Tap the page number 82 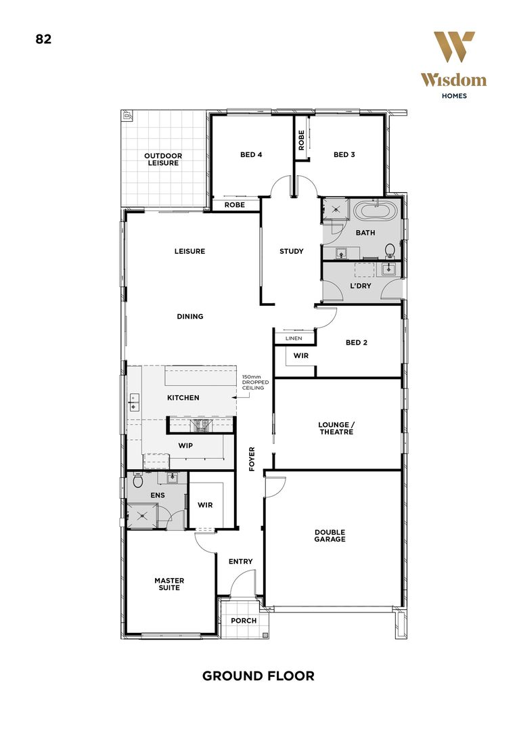(x=43, y=39)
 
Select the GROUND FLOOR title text (x=258, y=675)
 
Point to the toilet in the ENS (x=138, y=481)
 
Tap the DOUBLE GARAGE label (x=330, y=535)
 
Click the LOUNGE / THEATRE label (x=336, y=428)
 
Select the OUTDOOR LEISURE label (x=163, y=160)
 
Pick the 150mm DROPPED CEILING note (x=256, y=384)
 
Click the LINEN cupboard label (x=294, y=338)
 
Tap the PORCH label (x=244, y=621)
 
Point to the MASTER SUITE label (x=168, y=584)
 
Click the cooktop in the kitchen (x=201, y=426)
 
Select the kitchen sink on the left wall (x=134, y=402)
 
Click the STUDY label (x=292, y=251)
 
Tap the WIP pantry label (x=186, y=446)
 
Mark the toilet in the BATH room (x=389, y=251)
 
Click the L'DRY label (x=360, y=286)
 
